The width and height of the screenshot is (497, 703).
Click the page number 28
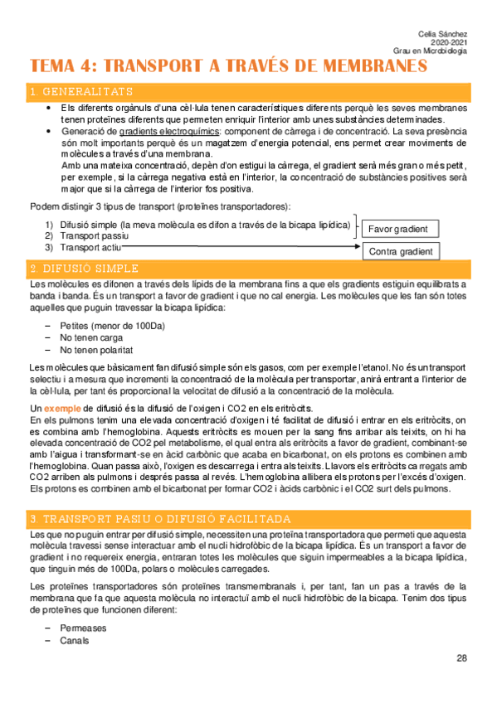click(x=461, y=658)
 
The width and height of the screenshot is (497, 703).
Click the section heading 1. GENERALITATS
click(x=80, y=91)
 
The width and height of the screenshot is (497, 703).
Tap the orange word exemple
click(x=62, y=408)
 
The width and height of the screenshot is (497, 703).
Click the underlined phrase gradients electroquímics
click(x=169, y=131)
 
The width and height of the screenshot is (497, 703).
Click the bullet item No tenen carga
click(x=92, y=338)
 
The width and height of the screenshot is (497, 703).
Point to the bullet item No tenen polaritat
click(x=96, y=351)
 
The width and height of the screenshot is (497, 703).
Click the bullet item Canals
click(x=75, y=640)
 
